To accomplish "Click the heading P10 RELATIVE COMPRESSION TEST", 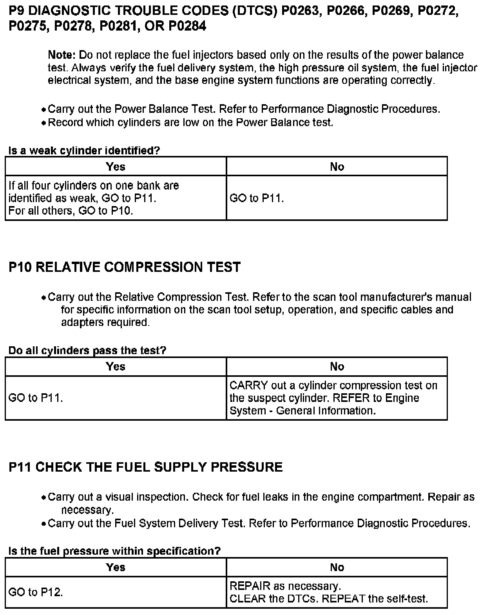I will point(125,267).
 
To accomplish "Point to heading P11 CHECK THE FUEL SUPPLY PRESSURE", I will point(145,467).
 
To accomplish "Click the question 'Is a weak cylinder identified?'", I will point(84,150).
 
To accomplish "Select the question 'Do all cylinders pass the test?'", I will point(87,350).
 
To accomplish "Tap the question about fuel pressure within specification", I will point(114,551).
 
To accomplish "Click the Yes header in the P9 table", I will point(116,166).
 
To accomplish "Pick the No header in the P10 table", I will point(337,366).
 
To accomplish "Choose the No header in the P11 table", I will point(337,567).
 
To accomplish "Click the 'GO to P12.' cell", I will point(36,592).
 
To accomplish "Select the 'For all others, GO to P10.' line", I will point(71,211).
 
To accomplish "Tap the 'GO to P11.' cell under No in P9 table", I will point(257,198).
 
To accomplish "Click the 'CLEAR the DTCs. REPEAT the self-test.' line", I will point(329,599).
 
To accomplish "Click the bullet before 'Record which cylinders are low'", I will point(44,123).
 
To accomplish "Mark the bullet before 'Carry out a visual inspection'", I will point(44,498).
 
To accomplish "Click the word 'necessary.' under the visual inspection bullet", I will point(87,510).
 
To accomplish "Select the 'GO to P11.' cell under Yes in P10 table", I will point(36,398).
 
